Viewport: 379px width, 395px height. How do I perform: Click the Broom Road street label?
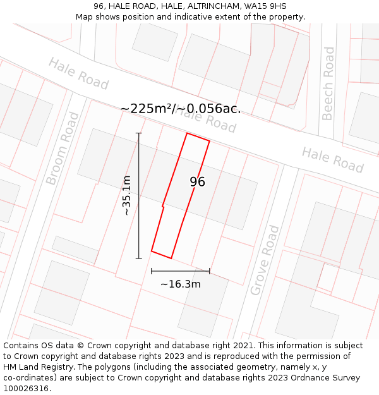click(63, 149)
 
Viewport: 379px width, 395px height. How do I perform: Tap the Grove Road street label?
click(265, 260)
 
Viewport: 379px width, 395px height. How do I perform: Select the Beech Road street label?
click(328, 83)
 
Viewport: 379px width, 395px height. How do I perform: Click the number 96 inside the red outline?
click(197, 182)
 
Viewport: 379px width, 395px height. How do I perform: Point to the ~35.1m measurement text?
click(126, 195)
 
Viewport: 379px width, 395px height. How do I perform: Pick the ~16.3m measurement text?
click(181, 284)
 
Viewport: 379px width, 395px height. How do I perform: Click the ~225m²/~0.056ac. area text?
click(180, 109)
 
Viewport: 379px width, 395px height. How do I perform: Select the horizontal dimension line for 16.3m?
click(180, 271)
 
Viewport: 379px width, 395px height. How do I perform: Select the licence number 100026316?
click(26, 389)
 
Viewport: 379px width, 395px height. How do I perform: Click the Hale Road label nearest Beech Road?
click(332, 160)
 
